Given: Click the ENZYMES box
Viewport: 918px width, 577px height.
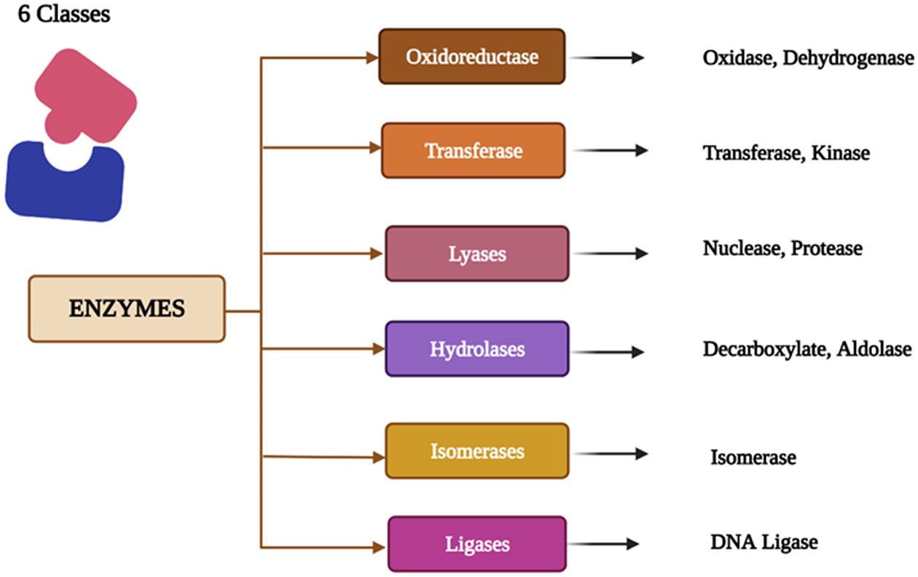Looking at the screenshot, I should click(127, 309).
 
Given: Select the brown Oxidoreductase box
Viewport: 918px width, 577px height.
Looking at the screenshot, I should click(471, 56).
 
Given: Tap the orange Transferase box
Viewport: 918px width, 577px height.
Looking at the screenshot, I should click(473, 151).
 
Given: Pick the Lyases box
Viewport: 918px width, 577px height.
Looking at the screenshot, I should click(477, 254).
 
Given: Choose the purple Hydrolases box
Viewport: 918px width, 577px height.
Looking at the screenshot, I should click(477, 349).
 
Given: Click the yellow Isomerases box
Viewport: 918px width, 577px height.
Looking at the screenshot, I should click(477, 451).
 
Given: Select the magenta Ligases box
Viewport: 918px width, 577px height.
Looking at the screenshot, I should click(477, 544).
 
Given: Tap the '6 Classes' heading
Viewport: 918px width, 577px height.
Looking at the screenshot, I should click(63, 14).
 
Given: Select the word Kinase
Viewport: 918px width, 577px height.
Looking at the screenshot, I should click(843, 153).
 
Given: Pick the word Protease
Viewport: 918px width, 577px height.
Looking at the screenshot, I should click(827, 248).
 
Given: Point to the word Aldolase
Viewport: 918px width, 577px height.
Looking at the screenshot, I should click(874, 349).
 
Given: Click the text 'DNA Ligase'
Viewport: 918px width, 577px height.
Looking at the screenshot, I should click(764, 542).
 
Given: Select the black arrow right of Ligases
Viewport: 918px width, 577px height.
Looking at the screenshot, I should click(603, 543).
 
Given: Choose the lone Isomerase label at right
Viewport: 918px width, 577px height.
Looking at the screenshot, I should click(753, 458).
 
